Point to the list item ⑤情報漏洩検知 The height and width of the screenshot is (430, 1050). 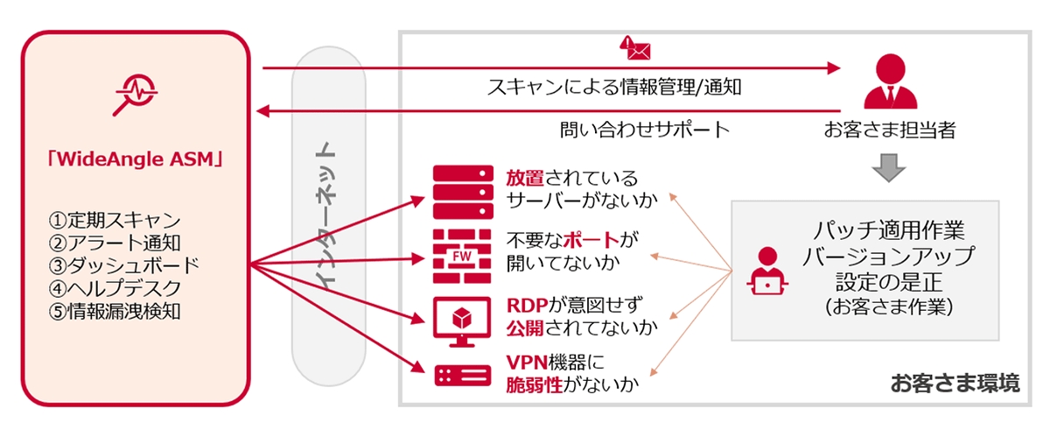[x=115, y=311]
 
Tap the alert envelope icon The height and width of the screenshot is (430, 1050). [x=634, y=47]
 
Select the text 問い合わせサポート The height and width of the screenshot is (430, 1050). [x=644, y=130]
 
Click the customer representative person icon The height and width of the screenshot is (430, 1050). [x=887, y=81]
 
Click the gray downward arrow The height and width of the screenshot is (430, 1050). [x=887, y=167]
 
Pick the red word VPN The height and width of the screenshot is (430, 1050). [x=526, y=361]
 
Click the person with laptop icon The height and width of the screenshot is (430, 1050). [x=767, y=272]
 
